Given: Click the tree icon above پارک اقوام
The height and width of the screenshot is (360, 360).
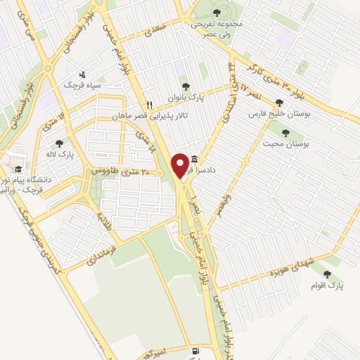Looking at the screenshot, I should pos(326,274).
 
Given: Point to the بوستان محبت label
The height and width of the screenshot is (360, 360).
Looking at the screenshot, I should pos(288,143).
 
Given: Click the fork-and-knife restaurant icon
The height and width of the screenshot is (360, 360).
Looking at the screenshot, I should pos(149,105).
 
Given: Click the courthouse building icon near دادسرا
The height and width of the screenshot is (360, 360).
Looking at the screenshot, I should pos(194,160).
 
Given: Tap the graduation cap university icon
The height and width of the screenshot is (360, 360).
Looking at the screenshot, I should pos(19,169).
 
